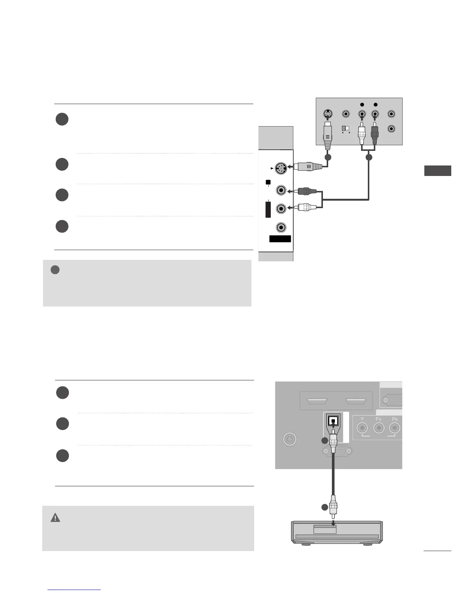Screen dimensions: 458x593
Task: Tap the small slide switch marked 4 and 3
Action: click(345, 128)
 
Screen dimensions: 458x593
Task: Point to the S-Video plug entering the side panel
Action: click(309, 167)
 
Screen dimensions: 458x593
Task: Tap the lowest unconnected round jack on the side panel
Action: click(281, 227)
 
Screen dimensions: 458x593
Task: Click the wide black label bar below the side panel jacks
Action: click(280, 239)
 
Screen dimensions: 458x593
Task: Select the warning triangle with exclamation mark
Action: click(55, 518)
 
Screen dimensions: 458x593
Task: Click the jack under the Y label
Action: click(362, 428)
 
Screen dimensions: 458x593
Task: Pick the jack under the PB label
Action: click(379, 428)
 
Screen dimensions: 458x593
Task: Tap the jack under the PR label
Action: click(394, 428)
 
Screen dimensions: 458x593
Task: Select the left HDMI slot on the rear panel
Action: click(317, 402)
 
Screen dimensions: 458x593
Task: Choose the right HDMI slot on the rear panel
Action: click(356, 402)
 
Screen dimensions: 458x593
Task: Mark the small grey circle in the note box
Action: click(55, 270)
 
